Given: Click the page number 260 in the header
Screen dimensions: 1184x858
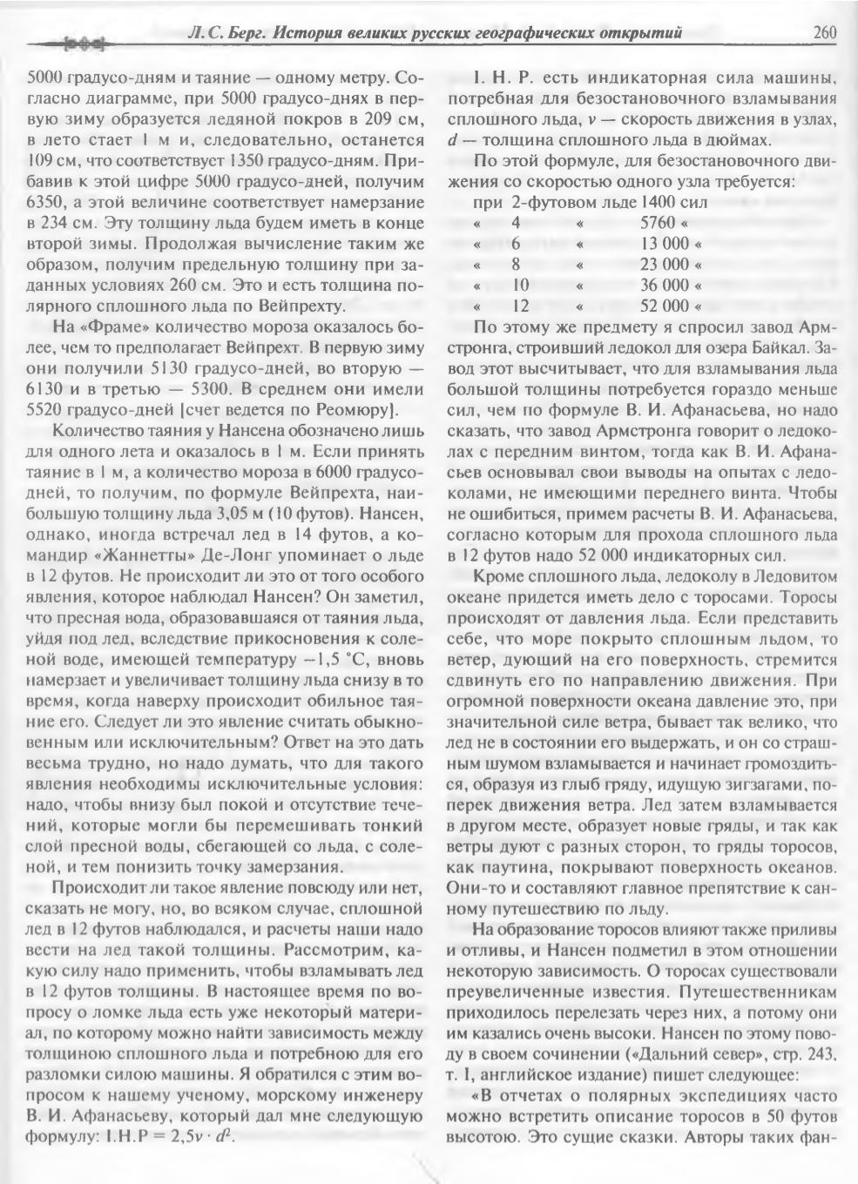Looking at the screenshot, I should click(824, 34).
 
